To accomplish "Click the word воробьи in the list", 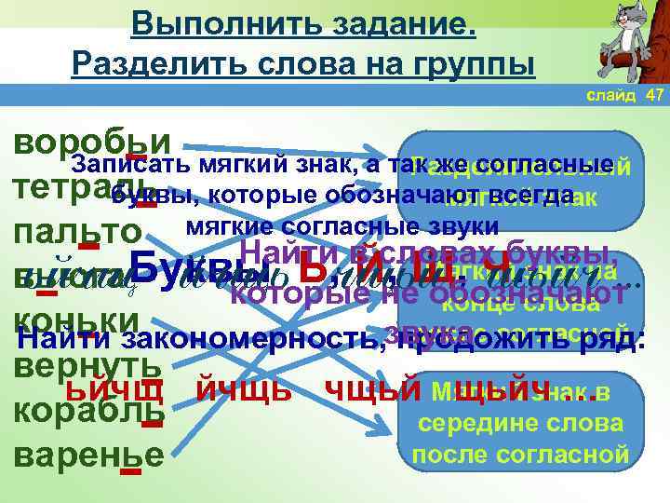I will coord(92,142).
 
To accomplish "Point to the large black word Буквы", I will coord(196,266).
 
